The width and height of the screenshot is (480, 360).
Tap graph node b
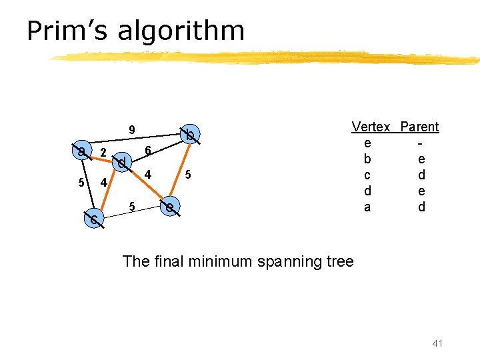pyautogui.click(x=190, y=135)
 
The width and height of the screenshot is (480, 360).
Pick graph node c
pyautogui.click(x=95, y=219)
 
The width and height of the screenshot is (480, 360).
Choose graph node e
pyautogui.click(x=171, y=208)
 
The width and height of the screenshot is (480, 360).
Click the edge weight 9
pyautogui.click(x=132, y=129)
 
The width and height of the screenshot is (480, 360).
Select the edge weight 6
pyautogui.click(x=148, y=152)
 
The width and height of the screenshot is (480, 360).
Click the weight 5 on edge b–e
pyautogui.click(x=189, y=175)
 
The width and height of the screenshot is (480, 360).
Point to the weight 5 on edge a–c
pyautogui.click(x=81, y=183)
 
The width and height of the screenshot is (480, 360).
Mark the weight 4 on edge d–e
pyautogui.click(x=149, y=175)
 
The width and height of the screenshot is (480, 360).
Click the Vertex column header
pyautogui.click(x=371, y=127)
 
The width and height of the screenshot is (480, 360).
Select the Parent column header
pyautogui.click(x=419, y=127)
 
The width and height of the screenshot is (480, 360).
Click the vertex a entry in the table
pyautogui.click(x=367, y=207)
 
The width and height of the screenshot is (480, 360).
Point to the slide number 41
pyautogui.click(x=437, y=343)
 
